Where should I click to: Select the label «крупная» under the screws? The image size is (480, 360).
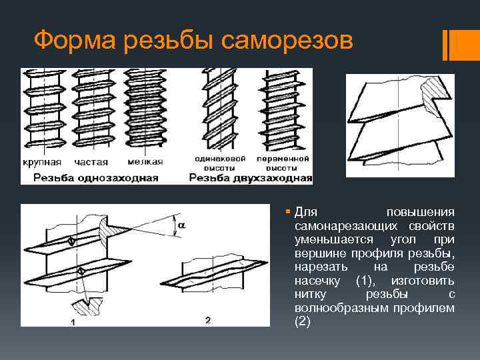42,161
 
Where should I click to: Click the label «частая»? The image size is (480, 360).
91,161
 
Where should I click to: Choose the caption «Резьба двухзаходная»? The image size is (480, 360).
251,177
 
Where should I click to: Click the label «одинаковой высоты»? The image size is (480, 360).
220,163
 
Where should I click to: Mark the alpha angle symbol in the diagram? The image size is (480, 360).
182,225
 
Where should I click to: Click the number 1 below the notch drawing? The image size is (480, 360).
72,323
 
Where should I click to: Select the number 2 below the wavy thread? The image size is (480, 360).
208,321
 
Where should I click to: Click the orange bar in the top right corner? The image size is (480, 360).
460,44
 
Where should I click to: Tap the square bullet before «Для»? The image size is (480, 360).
287,212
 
